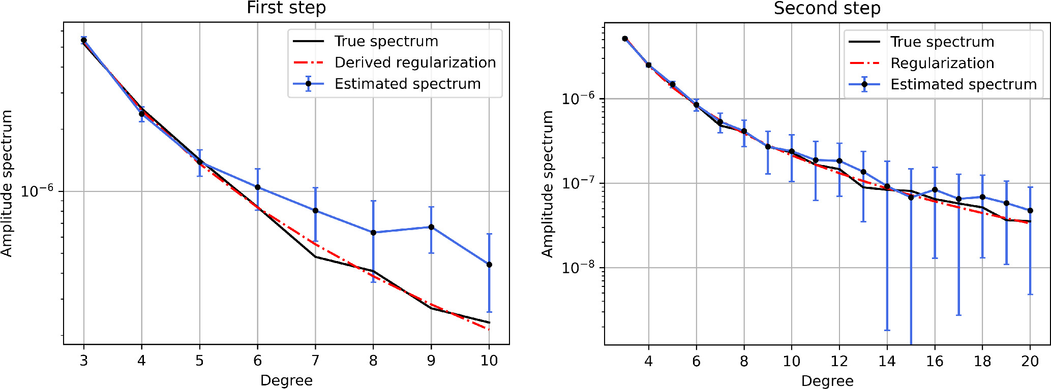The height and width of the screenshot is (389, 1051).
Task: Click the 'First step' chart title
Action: coord(286,8)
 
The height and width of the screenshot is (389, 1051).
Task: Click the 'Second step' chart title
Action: coord(827,9)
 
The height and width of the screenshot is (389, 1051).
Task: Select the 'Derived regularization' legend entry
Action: coord(415,62)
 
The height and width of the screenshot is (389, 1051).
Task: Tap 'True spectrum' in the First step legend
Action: coord(386,41)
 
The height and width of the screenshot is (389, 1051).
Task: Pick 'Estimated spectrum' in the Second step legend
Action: coord(963,84)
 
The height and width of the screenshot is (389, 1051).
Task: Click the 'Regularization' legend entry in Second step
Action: coord(942,63)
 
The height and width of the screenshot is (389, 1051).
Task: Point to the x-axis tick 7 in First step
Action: coord(315,361)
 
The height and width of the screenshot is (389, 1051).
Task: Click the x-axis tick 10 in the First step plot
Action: coord(489,361)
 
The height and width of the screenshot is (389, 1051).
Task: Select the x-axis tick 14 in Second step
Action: coord(887,361)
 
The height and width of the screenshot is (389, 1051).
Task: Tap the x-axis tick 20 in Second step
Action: coord(1030,361)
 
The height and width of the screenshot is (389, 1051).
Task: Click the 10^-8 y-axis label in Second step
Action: coord(578,267)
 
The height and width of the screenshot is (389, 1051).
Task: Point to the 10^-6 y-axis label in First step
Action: coord(37,191)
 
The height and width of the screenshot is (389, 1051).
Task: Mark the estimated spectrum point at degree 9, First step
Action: coord(431,227)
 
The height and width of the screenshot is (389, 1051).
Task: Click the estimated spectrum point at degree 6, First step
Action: coord(257,187)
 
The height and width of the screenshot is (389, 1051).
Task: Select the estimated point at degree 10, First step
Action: coord(489,265)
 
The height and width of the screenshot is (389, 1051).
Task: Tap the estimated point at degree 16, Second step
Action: coord(935,190)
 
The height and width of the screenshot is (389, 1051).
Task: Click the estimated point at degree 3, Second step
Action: coord(625,39)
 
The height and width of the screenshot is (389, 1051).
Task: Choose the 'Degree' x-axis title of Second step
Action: coord(827,381)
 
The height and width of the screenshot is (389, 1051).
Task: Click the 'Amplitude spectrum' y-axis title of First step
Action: coord(7,183)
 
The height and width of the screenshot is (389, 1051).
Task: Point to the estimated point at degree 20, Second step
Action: coord(1030,211)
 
